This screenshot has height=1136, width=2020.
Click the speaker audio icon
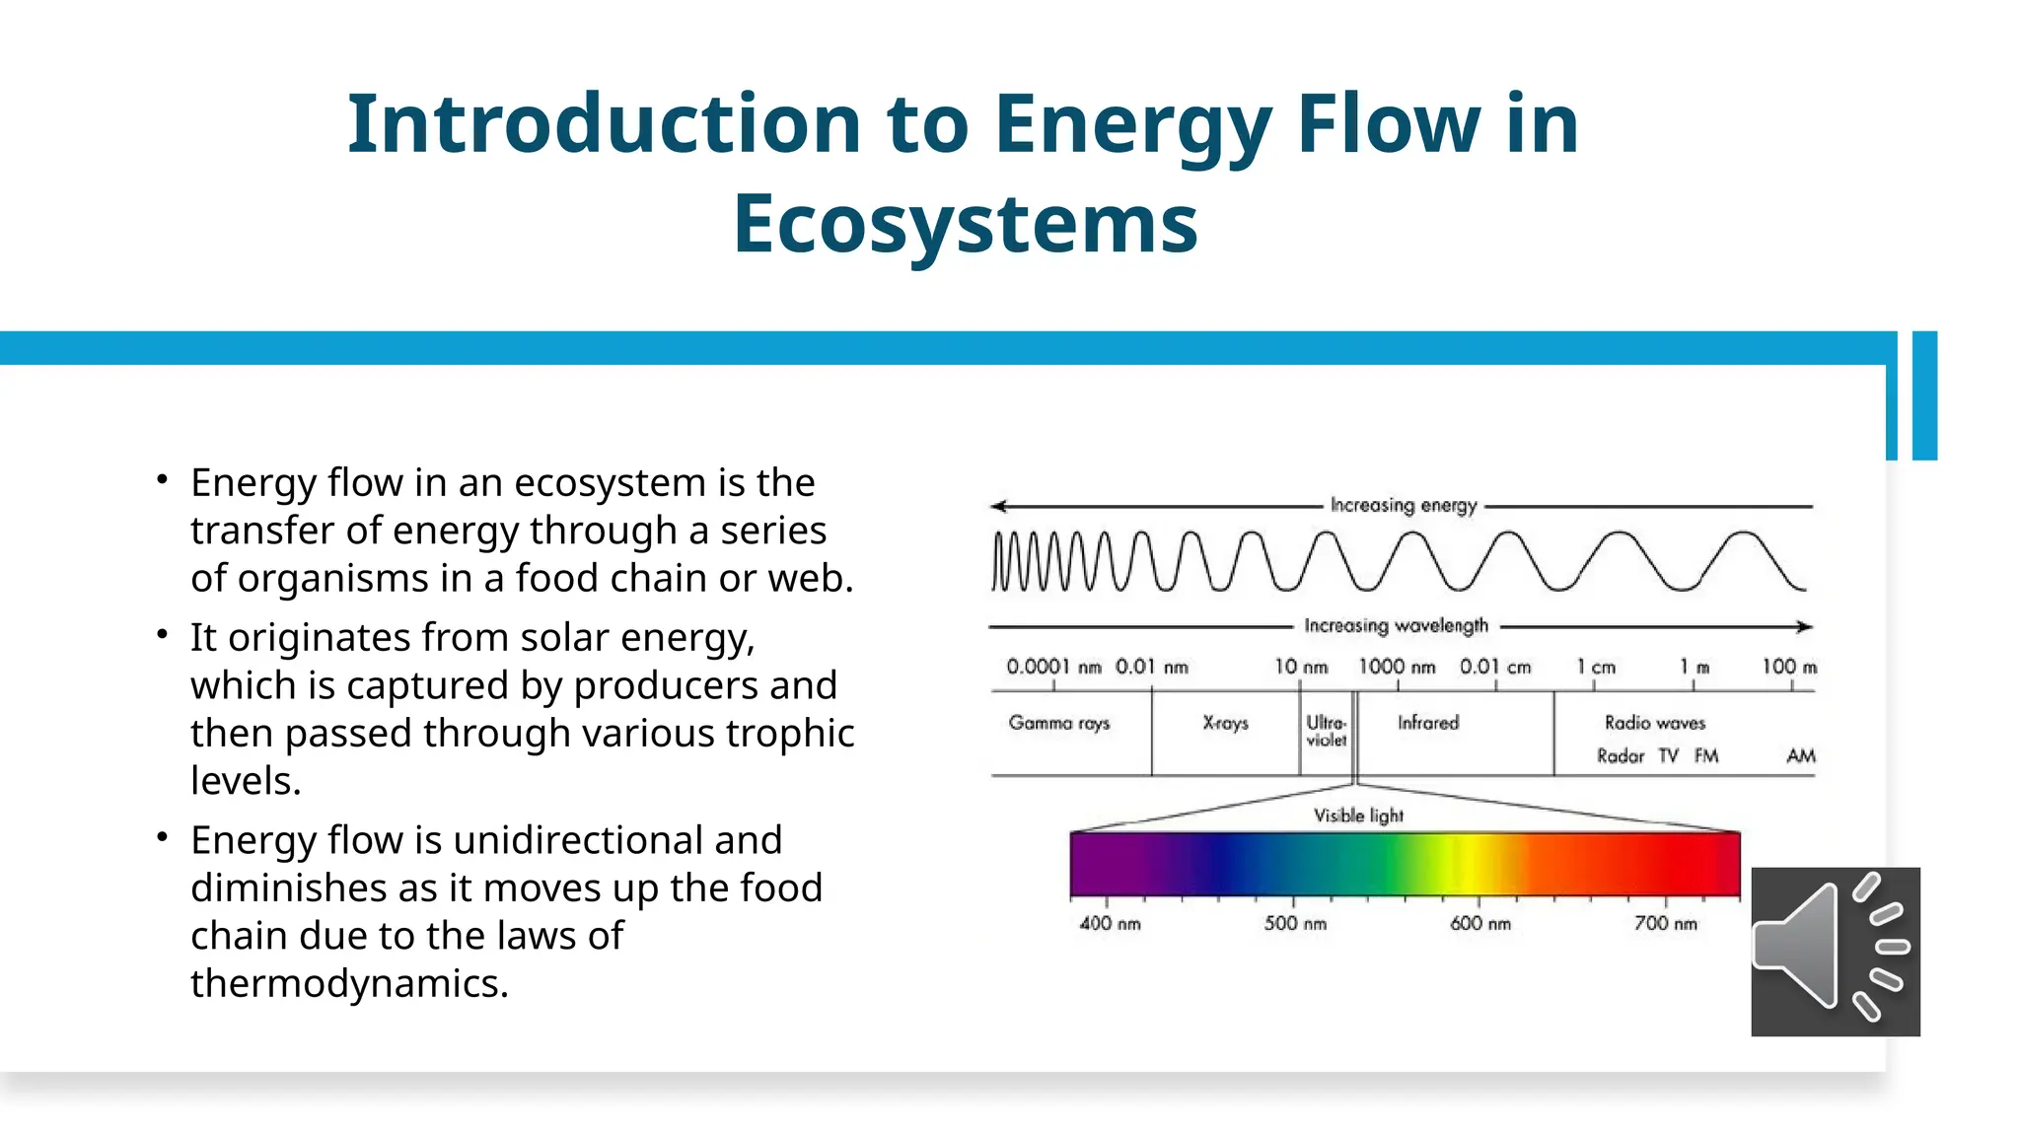pos(1835,951)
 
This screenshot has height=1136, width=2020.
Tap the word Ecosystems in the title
pos(965,224)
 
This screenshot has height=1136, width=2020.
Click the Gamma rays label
pos(1058,723)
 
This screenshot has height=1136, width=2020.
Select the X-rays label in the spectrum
pos(1225,723)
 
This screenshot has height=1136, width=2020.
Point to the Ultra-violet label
pos(1326,731)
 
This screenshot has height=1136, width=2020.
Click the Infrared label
pos(1427,723)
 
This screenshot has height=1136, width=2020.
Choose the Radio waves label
pos(1654,723)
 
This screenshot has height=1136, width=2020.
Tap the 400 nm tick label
pos(1110,924)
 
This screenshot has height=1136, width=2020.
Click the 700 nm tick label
pos(1665,924)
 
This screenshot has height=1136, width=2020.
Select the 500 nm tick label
pos(1295,924)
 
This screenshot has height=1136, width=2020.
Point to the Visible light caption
pos(1358,816)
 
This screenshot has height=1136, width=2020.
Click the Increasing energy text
pos(1403,506)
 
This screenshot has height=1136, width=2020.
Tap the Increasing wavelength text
pos(1396,626)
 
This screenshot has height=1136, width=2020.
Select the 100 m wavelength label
pos(1788,668)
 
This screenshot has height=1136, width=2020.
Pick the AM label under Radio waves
pos(1800,756)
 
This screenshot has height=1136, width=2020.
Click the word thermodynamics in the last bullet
pos(349,983)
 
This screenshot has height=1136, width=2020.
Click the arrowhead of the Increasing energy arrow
pos(998,506)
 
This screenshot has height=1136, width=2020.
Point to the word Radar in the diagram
pos(1621,756)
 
